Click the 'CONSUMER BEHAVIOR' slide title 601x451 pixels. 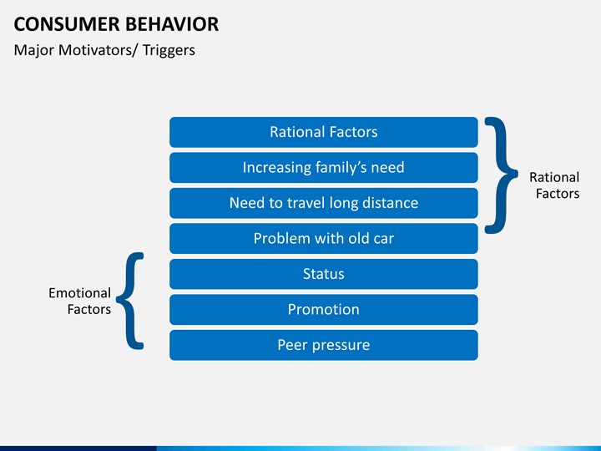pos(116,24)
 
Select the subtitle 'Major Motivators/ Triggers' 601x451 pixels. pos(104,50)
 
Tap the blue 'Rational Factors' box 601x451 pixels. pos(324,132)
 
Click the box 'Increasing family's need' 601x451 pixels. pos(324,168)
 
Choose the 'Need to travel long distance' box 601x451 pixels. pos(324,203)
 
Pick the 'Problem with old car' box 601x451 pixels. pos(324,239)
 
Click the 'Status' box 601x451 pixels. pos(324,274)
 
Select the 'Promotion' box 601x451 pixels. pos(324,310)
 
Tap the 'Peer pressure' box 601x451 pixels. pos(324,345)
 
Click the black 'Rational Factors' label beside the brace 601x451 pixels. pos(554,185)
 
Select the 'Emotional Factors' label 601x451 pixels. pos(80,301)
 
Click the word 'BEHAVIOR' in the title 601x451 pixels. pos(172,24)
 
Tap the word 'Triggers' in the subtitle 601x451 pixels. pos(169,51)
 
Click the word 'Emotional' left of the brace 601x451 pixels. pos(80,293)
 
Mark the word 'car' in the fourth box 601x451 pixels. pos(384,240)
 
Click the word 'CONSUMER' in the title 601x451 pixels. pos(67,24)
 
